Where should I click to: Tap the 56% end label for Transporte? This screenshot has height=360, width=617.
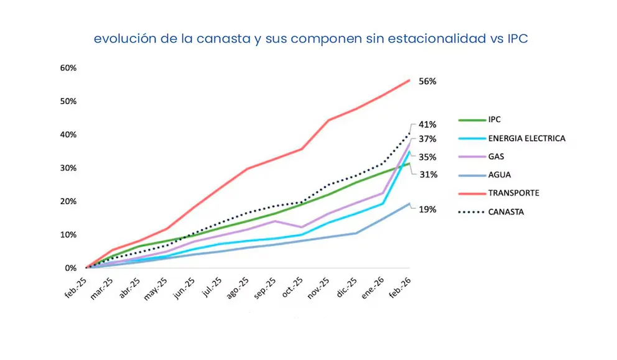[428, 81]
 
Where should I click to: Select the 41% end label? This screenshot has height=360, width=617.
[428, 124]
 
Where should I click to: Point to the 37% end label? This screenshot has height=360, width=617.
[428, 139]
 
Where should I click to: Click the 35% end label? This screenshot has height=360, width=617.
[428, 157]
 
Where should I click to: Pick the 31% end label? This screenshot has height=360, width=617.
[428, 175]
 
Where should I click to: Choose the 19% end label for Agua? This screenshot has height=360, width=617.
[428, 210]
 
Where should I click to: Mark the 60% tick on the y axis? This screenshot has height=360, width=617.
[68, 68]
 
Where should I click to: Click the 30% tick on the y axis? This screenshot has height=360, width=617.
[68, 168]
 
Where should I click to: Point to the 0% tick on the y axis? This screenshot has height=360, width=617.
[70, 269]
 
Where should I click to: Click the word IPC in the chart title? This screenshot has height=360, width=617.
[517, 39]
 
